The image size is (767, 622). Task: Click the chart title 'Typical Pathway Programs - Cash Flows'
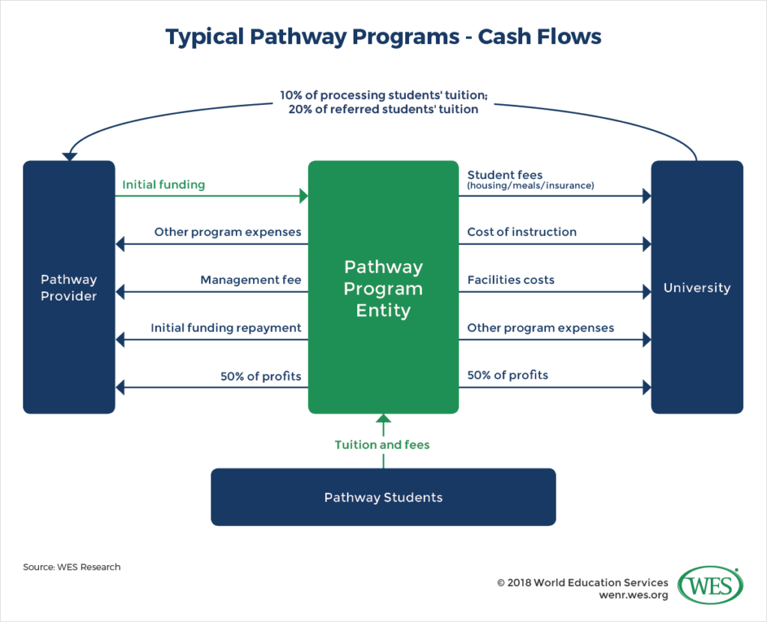383,37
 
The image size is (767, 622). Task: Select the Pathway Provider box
69,287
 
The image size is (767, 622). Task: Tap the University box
697,287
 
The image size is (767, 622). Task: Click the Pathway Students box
383,497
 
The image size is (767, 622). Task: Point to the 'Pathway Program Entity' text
383,289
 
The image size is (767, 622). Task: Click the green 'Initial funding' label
163,184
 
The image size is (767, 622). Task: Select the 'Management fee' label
250,280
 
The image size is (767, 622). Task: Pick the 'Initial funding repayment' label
225,327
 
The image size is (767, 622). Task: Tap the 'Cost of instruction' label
521,232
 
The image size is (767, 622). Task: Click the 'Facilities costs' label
511,280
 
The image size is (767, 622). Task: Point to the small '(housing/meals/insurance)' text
530,186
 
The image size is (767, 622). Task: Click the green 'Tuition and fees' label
383,444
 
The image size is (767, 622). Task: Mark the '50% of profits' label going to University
507,375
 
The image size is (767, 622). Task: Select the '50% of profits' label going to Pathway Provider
261,375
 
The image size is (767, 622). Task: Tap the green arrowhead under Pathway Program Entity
383,419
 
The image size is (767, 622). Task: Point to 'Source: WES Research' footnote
72,567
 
